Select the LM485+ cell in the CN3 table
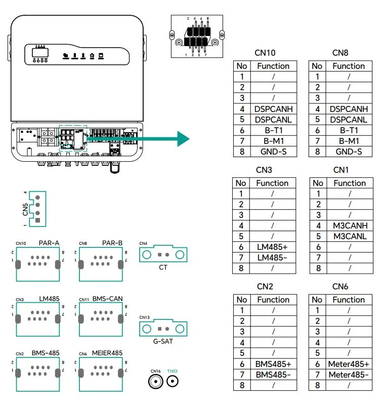pyautogui.click(x=272, y=247)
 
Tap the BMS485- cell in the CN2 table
pyautogui.click(x=273, y=375)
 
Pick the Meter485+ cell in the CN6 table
pyautogui.click(x=349, y=364)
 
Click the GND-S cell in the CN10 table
pyautogui.click(x=273, y=152)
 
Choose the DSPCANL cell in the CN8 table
pyautogui.click(x=349, y=120)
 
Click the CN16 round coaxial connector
pyautogui.click(x=155, y=382)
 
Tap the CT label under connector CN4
pyautogui.click(x=163, y=267)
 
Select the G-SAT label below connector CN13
pyautogui.click(x=163, y=341)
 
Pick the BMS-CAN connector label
pyautogui.click(x=108, y=299)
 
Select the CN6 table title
pyautogui.click(x=341, y=286)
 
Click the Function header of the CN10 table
pyautogui.click(x=273, y=66)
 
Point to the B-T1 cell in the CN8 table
pyautogui.click(x=349, y=130)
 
